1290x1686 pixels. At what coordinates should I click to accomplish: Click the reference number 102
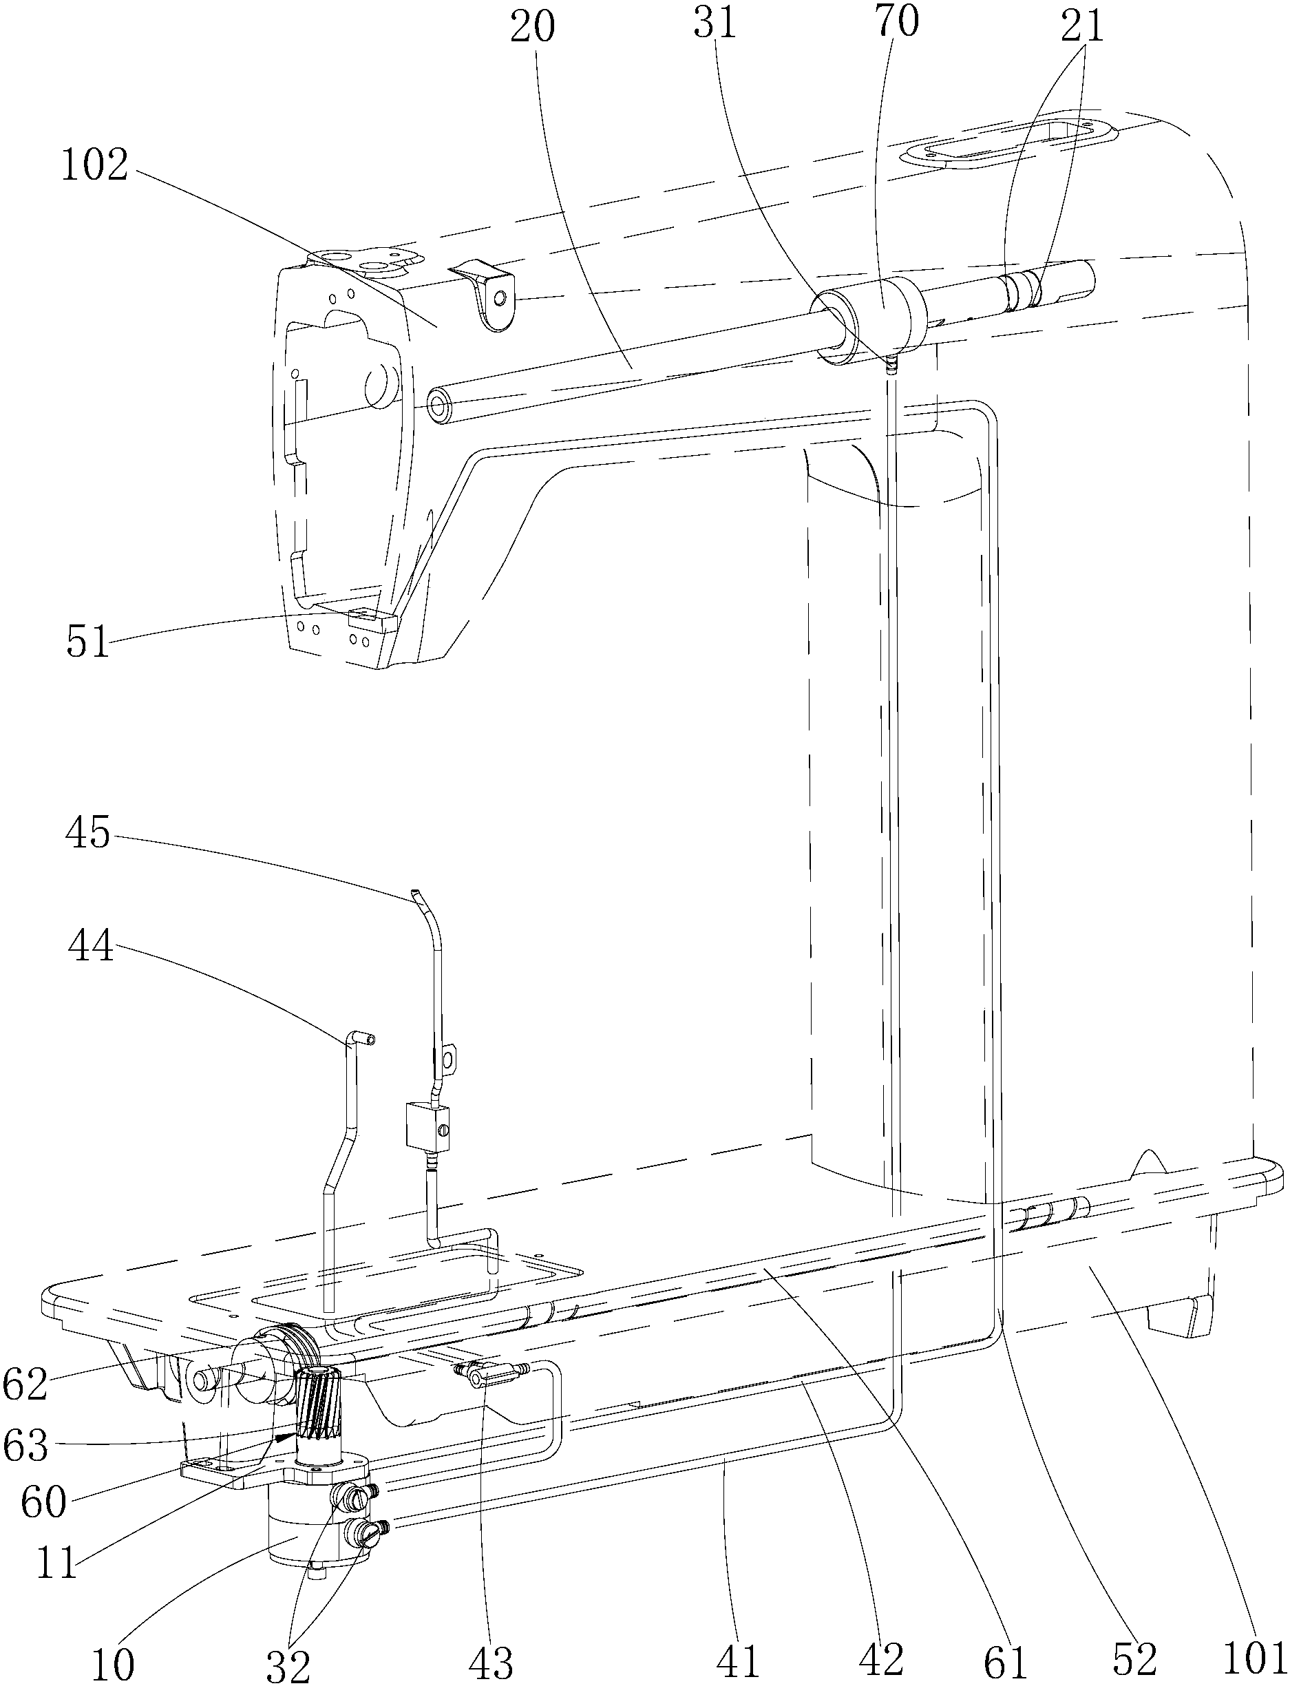coord(94,167)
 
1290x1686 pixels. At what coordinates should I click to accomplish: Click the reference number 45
coord(87,834)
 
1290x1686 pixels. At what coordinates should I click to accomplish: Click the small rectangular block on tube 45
coord(424,1126)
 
